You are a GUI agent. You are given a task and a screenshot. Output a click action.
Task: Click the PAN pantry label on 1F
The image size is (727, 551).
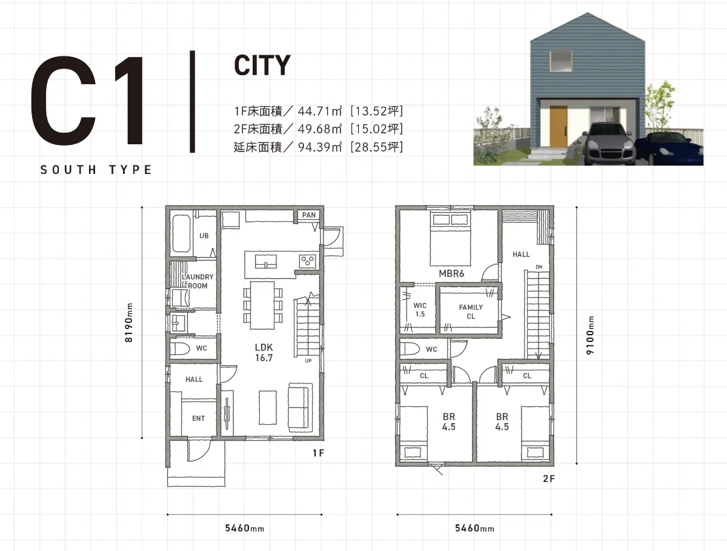click(309, 215)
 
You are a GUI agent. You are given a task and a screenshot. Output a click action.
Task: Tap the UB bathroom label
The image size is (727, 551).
click(204, 236)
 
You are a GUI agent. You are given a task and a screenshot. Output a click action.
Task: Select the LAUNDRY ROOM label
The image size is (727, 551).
click(198, 281)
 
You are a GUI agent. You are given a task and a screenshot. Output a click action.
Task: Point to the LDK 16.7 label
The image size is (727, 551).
click(264, 353)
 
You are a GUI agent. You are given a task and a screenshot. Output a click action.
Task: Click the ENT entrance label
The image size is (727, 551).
click(198, 418)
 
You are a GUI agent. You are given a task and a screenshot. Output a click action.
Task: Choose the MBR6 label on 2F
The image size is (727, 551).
click(451, 273)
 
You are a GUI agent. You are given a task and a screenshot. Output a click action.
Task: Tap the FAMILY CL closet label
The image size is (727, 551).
click(471, 312)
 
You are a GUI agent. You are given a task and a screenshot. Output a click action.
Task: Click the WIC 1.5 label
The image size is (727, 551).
click(420, 310)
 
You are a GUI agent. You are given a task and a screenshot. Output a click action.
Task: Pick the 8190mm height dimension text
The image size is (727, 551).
click(129, 322)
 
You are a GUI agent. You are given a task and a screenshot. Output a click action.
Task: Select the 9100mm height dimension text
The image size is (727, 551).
click(590, 335)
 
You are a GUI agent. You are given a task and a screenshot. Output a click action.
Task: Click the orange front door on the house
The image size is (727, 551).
click(559, 126)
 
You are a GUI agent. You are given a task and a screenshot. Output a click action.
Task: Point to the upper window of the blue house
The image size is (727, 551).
click(561, 61)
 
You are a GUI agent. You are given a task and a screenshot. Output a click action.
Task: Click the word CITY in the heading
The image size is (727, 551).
click(262, 65)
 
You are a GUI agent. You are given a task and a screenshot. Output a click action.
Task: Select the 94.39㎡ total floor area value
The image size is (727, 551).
click(320, 147)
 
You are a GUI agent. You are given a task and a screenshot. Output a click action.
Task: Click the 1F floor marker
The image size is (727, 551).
click(319, 453)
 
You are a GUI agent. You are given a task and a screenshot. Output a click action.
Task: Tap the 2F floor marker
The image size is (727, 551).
click(549, 478)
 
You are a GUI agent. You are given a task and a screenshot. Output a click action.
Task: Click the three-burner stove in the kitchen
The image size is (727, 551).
click(308, 261)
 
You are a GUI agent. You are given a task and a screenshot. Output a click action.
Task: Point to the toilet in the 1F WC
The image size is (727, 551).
click(180, 349)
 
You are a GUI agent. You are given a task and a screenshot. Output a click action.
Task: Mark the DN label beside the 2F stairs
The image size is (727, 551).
click(539, 267)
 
